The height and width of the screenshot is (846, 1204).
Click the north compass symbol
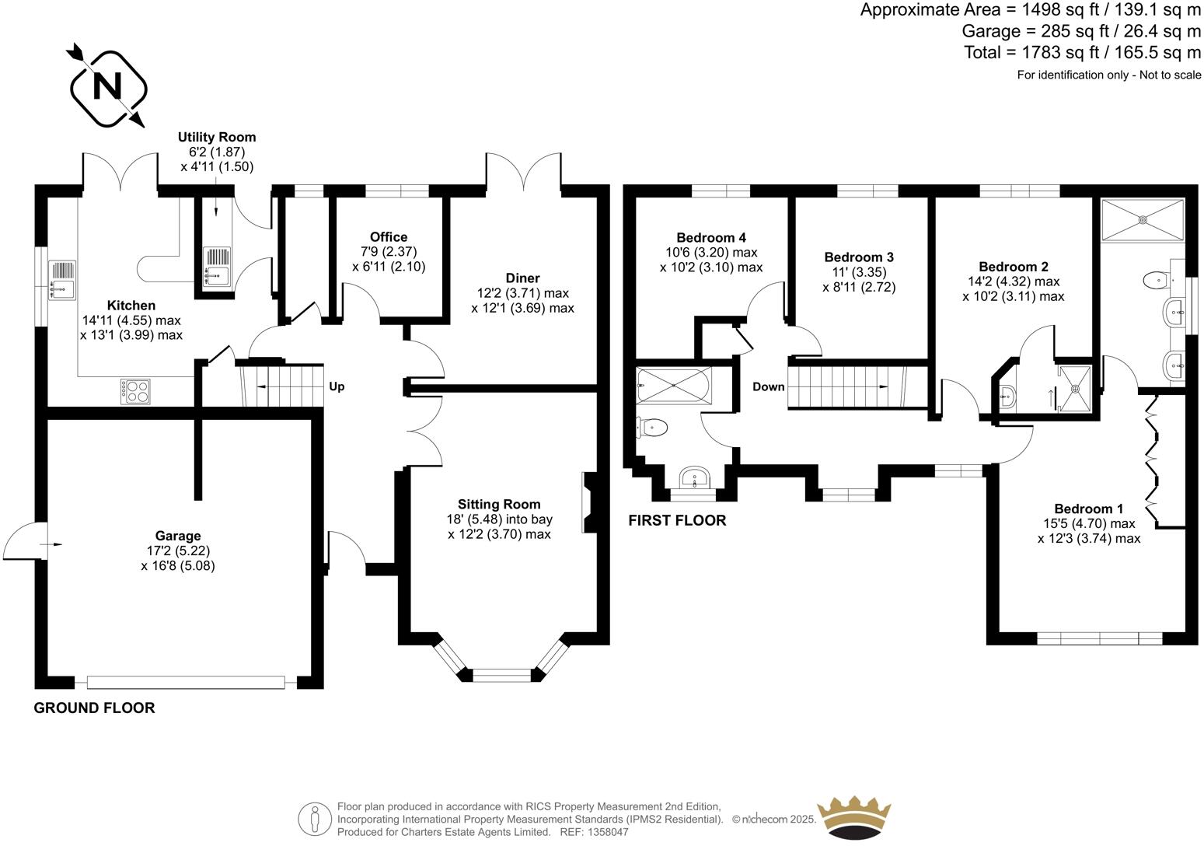pyautogui.click(x=108, y=86)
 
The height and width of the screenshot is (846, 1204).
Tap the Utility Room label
pyautogui.click(x=217, y=138)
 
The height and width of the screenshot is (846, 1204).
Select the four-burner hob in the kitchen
pyautogui.click(x=136, y=390)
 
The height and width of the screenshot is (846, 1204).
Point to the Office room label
pyautogui.click(x=389, y=237)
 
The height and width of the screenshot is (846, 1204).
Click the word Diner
pyautogui.click(x=522, y=278)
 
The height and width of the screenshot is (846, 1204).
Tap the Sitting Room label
pyautogui.click(x=499, y=504)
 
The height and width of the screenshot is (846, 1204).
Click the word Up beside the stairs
pyautogui.click(x=337, y=386)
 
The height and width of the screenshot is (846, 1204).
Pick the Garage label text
pyautogui.click(x=178, y=536)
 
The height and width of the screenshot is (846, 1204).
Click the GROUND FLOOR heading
pyautogui.click(x=94, y=708)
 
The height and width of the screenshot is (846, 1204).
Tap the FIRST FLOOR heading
pyautogui.click(x=677, y=520)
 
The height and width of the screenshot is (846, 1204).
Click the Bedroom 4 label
pyautogui.click(x=711, y=238)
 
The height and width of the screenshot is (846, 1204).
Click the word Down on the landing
pyautogui.click(x=768, y=386)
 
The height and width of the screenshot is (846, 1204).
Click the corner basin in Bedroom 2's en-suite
pyautogui.click(x=1008, y=396)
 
